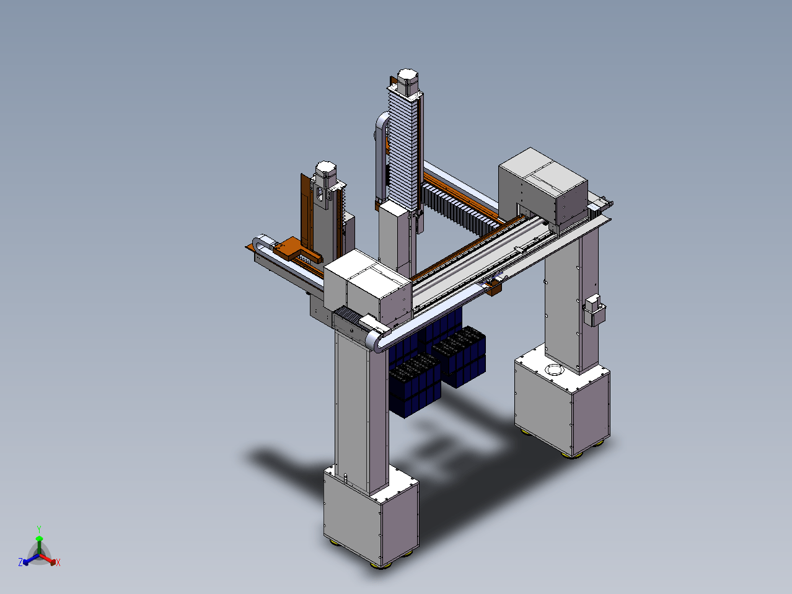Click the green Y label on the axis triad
pyautogui.click(x=39, y=529)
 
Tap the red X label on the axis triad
pyautogui.click(x=58, y=562)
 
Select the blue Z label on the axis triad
pyautogui.click(x=20, y=562)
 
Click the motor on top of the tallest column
pyautogui.click(x=408, y=82)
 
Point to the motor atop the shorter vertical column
pyautogui.click(x=326, y=174)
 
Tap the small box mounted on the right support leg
pyautogui.click(x=594, y=310)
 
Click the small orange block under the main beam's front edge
pyautogui.click(x=493, y=289)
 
